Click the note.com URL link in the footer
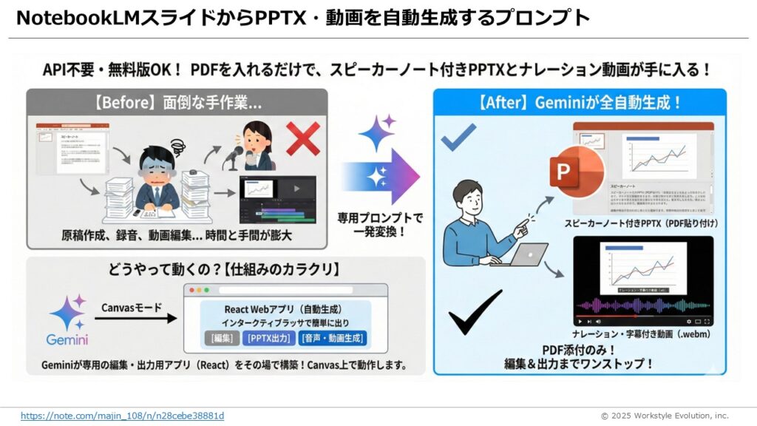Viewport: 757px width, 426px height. click(x=122, y=416)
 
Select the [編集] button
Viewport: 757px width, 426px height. click(x=221, y=339)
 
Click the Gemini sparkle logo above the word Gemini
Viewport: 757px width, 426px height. click(x=67, y=313)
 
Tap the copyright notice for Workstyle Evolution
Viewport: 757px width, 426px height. click(x=664, y=416)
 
